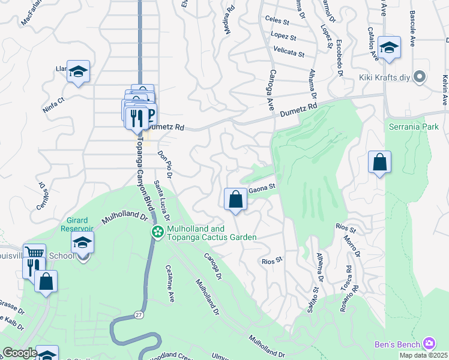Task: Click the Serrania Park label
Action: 414,127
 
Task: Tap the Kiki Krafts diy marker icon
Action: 420,77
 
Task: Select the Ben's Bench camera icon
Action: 429,343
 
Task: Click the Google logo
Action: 19,353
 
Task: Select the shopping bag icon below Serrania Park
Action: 379,162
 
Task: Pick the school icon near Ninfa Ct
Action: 79,71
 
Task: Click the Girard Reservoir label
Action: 77,224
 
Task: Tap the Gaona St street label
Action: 262,187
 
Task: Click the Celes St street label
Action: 277,20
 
